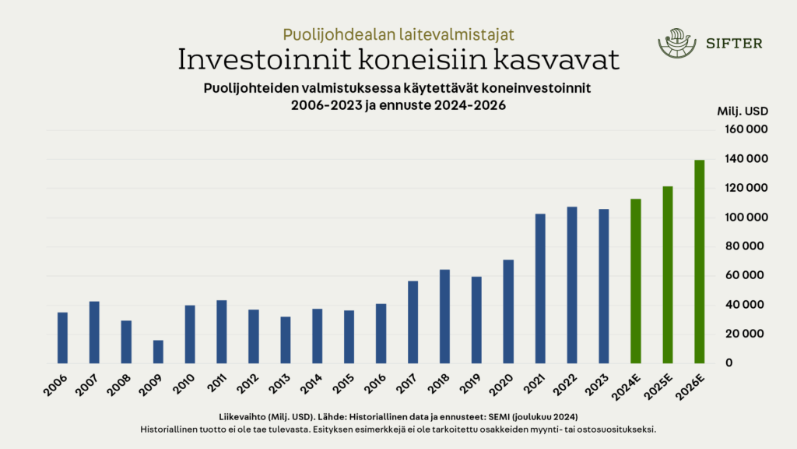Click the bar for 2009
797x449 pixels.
(x=158, y=352)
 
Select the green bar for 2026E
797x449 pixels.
(x=699, y=261)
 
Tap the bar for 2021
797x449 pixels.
(x=540, y=288)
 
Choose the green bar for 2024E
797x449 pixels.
(x=635, y=281)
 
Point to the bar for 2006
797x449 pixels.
(x=62, y=338)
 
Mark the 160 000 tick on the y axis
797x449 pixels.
(x=746, y=129)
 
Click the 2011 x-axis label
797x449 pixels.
(x=216, y=384)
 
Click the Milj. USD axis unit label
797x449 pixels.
(x=743, y=111)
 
